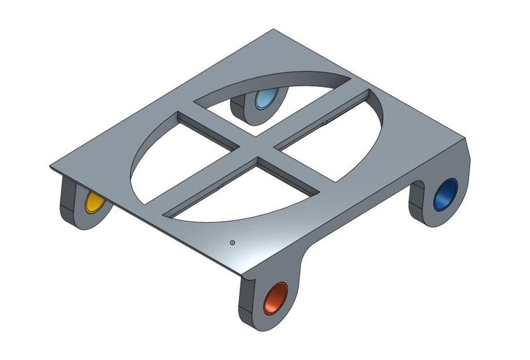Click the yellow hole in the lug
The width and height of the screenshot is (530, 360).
(x=95, y=203)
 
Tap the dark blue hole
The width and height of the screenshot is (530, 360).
(x=445, y=194)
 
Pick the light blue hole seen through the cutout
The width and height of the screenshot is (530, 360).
(x=266, y=100)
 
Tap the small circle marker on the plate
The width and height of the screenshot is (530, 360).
(x=233, y=243)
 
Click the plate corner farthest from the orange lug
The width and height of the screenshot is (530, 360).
(x=273, y=30)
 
